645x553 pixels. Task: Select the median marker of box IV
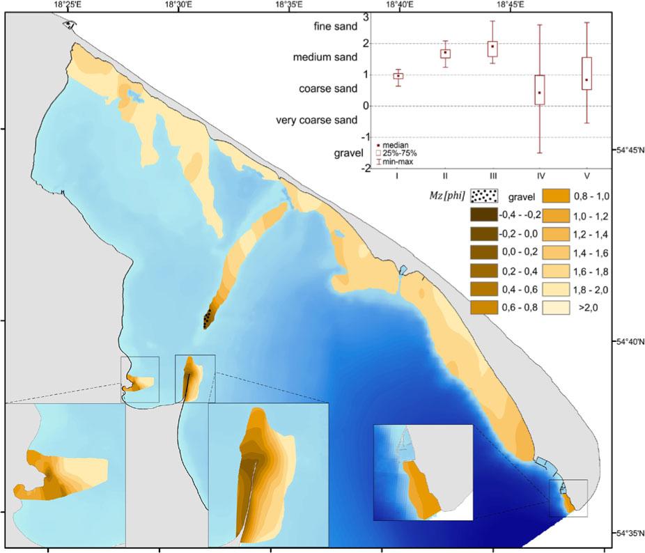click(x=539, y=93)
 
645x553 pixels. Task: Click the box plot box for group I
click(x=398, y=76)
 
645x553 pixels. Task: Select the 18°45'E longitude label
click(x=511, y=5)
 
